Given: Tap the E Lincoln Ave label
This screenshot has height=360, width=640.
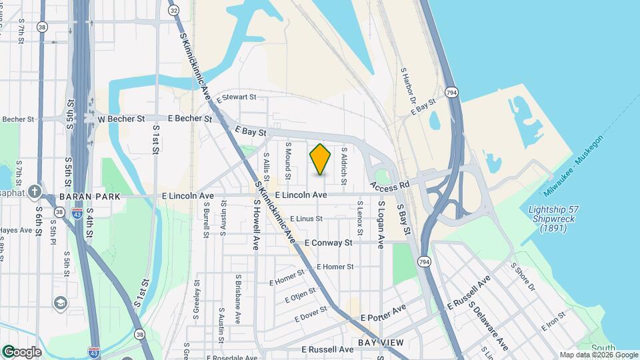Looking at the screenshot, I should click(x=301, y=195).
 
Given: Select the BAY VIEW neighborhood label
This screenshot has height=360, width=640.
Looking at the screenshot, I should click(x=381, y=342).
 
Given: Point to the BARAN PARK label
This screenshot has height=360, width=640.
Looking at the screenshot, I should click(x=89, y=197).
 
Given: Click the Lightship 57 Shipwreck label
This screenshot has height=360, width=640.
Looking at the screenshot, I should click(x=553, y=218).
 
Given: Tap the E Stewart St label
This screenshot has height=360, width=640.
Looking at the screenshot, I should click(x=237, y=97).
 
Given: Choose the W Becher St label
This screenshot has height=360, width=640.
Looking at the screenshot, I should click(x=121, y=119).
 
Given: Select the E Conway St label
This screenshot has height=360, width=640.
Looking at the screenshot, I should click(x=328, y=243).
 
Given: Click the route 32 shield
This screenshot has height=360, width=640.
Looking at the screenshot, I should click(x=173, y=10).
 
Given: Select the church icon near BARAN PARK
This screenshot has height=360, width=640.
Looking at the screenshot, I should click(x=34, y=192).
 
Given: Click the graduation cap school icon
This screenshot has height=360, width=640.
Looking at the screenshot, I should click(x=60, y=303).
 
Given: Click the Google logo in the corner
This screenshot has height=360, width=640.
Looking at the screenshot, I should click(x=22, y=352).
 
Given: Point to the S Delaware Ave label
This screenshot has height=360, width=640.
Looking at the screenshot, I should click(x=488, y=326).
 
